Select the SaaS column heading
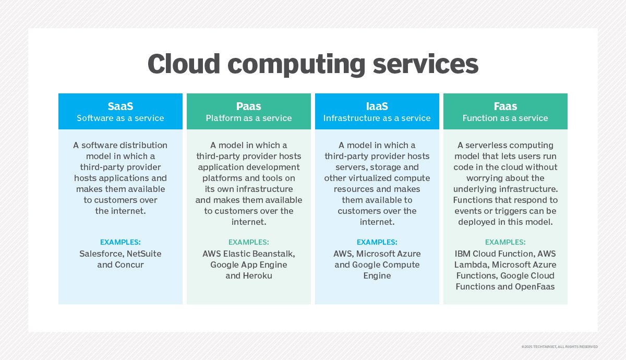(x=121, y=106)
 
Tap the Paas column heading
(x=249, y=106)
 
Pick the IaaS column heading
(x=377, y=106)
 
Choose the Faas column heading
(x=505, y=106)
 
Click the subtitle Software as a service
(x=121, y=118)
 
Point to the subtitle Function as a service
(x=505, y=118)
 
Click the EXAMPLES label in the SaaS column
(x=121, y=242)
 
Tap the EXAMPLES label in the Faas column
(x=505, y=242)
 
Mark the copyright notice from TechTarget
(x=559, y=347)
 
